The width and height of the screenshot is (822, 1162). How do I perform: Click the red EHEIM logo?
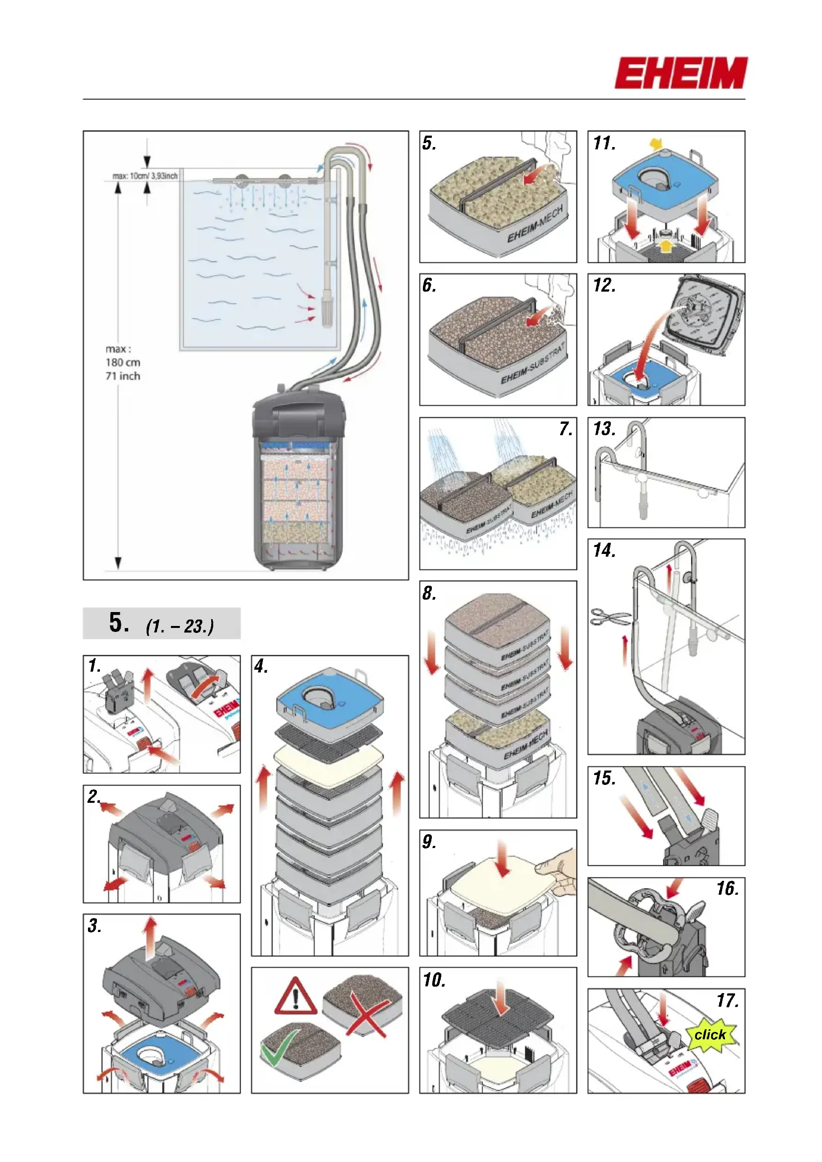681,74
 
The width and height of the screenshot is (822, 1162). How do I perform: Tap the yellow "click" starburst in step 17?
710,1035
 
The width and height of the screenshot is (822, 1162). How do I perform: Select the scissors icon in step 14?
610,618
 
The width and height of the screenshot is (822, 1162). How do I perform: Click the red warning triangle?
296,998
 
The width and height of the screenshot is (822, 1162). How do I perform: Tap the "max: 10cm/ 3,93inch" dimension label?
145,176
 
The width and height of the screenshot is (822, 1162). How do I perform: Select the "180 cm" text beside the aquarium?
123,362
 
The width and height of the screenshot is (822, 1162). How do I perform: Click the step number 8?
429,593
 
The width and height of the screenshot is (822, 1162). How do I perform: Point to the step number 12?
604,286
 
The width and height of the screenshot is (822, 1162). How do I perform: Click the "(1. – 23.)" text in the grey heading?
180,626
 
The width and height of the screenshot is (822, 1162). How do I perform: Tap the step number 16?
728,889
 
